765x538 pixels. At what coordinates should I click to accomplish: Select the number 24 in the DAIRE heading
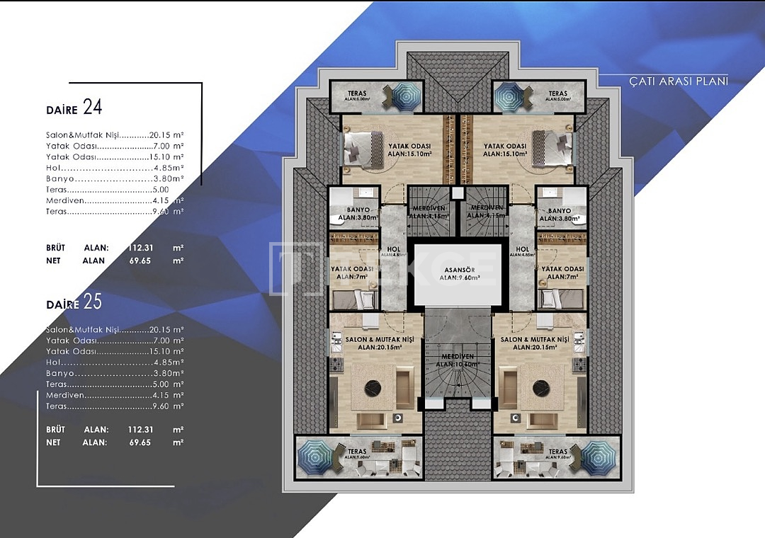point(93,107)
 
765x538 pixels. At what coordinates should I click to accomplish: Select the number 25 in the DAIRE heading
point(93,302)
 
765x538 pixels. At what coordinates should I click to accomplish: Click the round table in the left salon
point(370,388)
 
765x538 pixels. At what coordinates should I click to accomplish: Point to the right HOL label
point(523,249)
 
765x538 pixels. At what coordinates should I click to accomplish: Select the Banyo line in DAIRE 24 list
point(113,178)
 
